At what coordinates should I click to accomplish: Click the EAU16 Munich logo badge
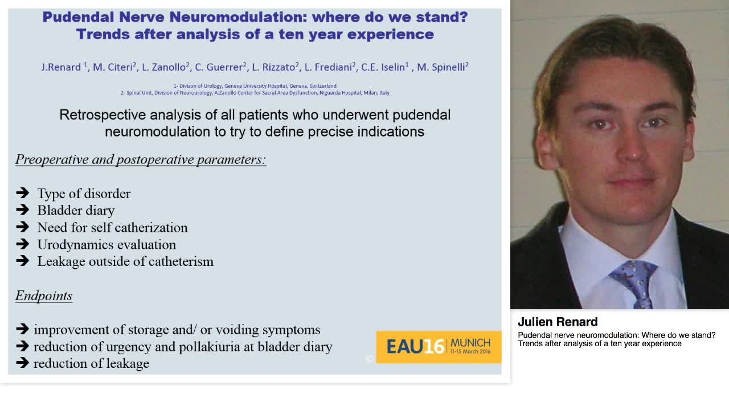coord(439,347)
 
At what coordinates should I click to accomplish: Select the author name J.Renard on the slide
coord(62,67)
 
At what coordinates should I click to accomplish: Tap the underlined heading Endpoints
coord(44,296)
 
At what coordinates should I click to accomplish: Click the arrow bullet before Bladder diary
coord(23,210)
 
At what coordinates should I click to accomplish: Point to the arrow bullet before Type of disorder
coord(23,193)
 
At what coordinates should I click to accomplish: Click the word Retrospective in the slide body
coord(103,115)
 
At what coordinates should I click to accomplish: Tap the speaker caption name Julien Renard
coord(558,322)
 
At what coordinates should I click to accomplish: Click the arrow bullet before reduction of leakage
coord(23,363)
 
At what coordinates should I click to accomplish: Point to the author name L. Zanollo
coord(163,67)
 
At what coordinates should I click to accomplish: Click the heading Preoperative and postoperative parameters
coord(141,159)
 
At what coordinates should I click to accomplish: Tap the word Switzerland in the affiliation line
coord(322,86)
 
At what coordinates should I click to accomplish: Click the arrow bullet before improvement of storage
coord(23,329)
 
